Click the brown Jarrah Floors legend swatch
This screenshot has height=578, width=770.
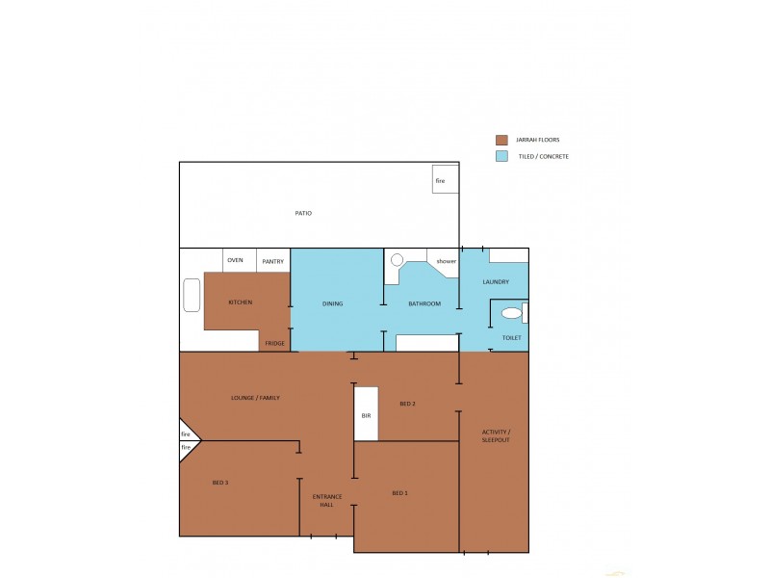[x=500, y=140]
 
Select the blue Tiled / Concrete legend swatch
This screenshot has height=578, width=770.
[x=500, y=156]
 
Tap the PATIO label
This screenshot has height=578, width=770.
[x=303, y=213]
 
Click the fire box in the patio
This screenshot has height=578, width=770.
[x=445, y=179]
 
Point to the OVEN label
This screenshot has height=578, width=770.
[x=236, y=260]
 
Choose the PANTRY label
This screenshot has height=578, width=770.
[x=272, y=261]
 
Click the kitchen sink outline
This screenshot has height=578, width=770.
[x=192, y=295]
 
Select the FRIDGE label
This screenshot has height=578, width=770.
[x=274, y=343]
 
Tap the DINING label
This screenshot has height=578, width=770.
[x=332, y=303]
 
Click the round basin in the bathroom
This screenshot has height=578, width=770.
[x=397, y=259]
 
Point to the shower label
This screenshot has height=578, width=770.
[x=446, y=261]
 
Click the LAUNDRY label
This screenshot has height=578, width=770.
[x=496, y=281]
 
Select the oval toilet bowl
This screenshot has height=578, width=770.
[x=511, y=313]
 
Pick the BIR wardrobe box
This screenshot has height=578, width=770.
[x=366, y=414]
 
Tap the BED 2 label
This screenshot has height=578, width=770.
[x=406, y=404]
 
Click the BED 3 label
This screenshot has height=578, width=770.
[x=220, y=482]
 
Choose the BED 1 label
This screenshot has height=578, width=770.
[x=400, y=493]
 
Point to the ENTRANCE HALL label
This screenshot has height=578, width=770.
[x=327, y=501]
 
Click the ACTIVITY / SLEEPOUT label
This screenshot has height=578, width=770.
[x=497, y=434]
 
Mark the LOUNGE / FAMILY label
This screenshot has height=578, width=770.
[x=255, y=397]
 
